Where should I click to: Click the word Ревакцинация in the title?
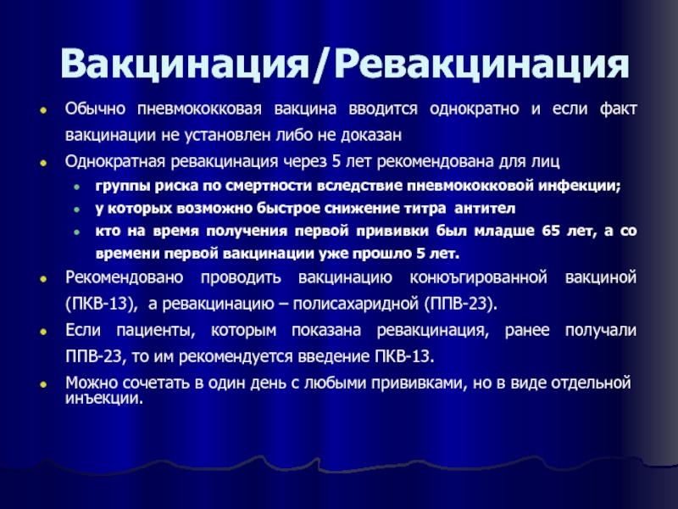pos(481,64)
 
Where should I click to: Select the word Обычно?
pos(95,109)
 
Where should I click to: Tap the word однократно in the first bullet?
pos(475,109)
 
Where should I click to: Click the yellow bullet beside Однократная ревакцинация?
pos(43,163)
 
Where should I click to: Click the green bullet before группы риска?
pos(76,187)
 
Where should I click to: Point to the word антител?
pos(485,209)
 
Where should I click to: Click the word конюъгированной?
pos(478,277)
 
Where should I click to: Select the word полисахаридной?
pos(355,304)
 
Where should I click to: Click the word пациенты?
pos(156,331)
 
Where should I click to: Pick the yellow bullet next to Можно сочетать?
pos(43,384)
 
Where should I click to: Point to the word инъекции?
pos(103,398)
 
